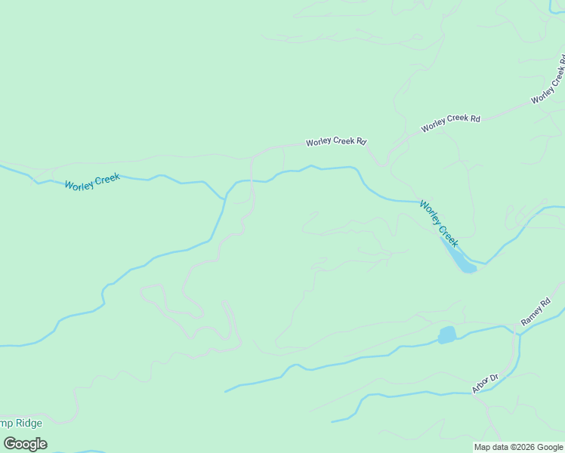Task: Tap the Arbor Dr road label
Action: coord(486,384)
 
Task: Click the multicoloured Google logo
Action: coord(25,444)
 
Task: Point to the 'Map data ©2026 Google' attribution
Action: coord(518,447)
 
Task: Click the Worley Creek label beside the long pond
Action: coord(439,223)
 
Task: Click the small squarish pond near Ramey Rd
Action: coord(447,334)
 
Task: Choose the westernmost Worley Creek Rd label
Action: coord(335,142)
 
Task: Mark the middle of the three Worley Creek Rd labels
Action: coord(450,122)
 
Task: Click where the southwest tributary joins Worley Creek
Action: coord(224,199)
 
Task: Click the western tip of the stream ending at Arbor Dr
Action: coord(331,421)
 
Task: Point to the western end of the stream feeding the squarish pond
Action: coord(225,392)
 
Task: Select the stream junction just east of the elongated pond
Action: coord(486,263)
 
